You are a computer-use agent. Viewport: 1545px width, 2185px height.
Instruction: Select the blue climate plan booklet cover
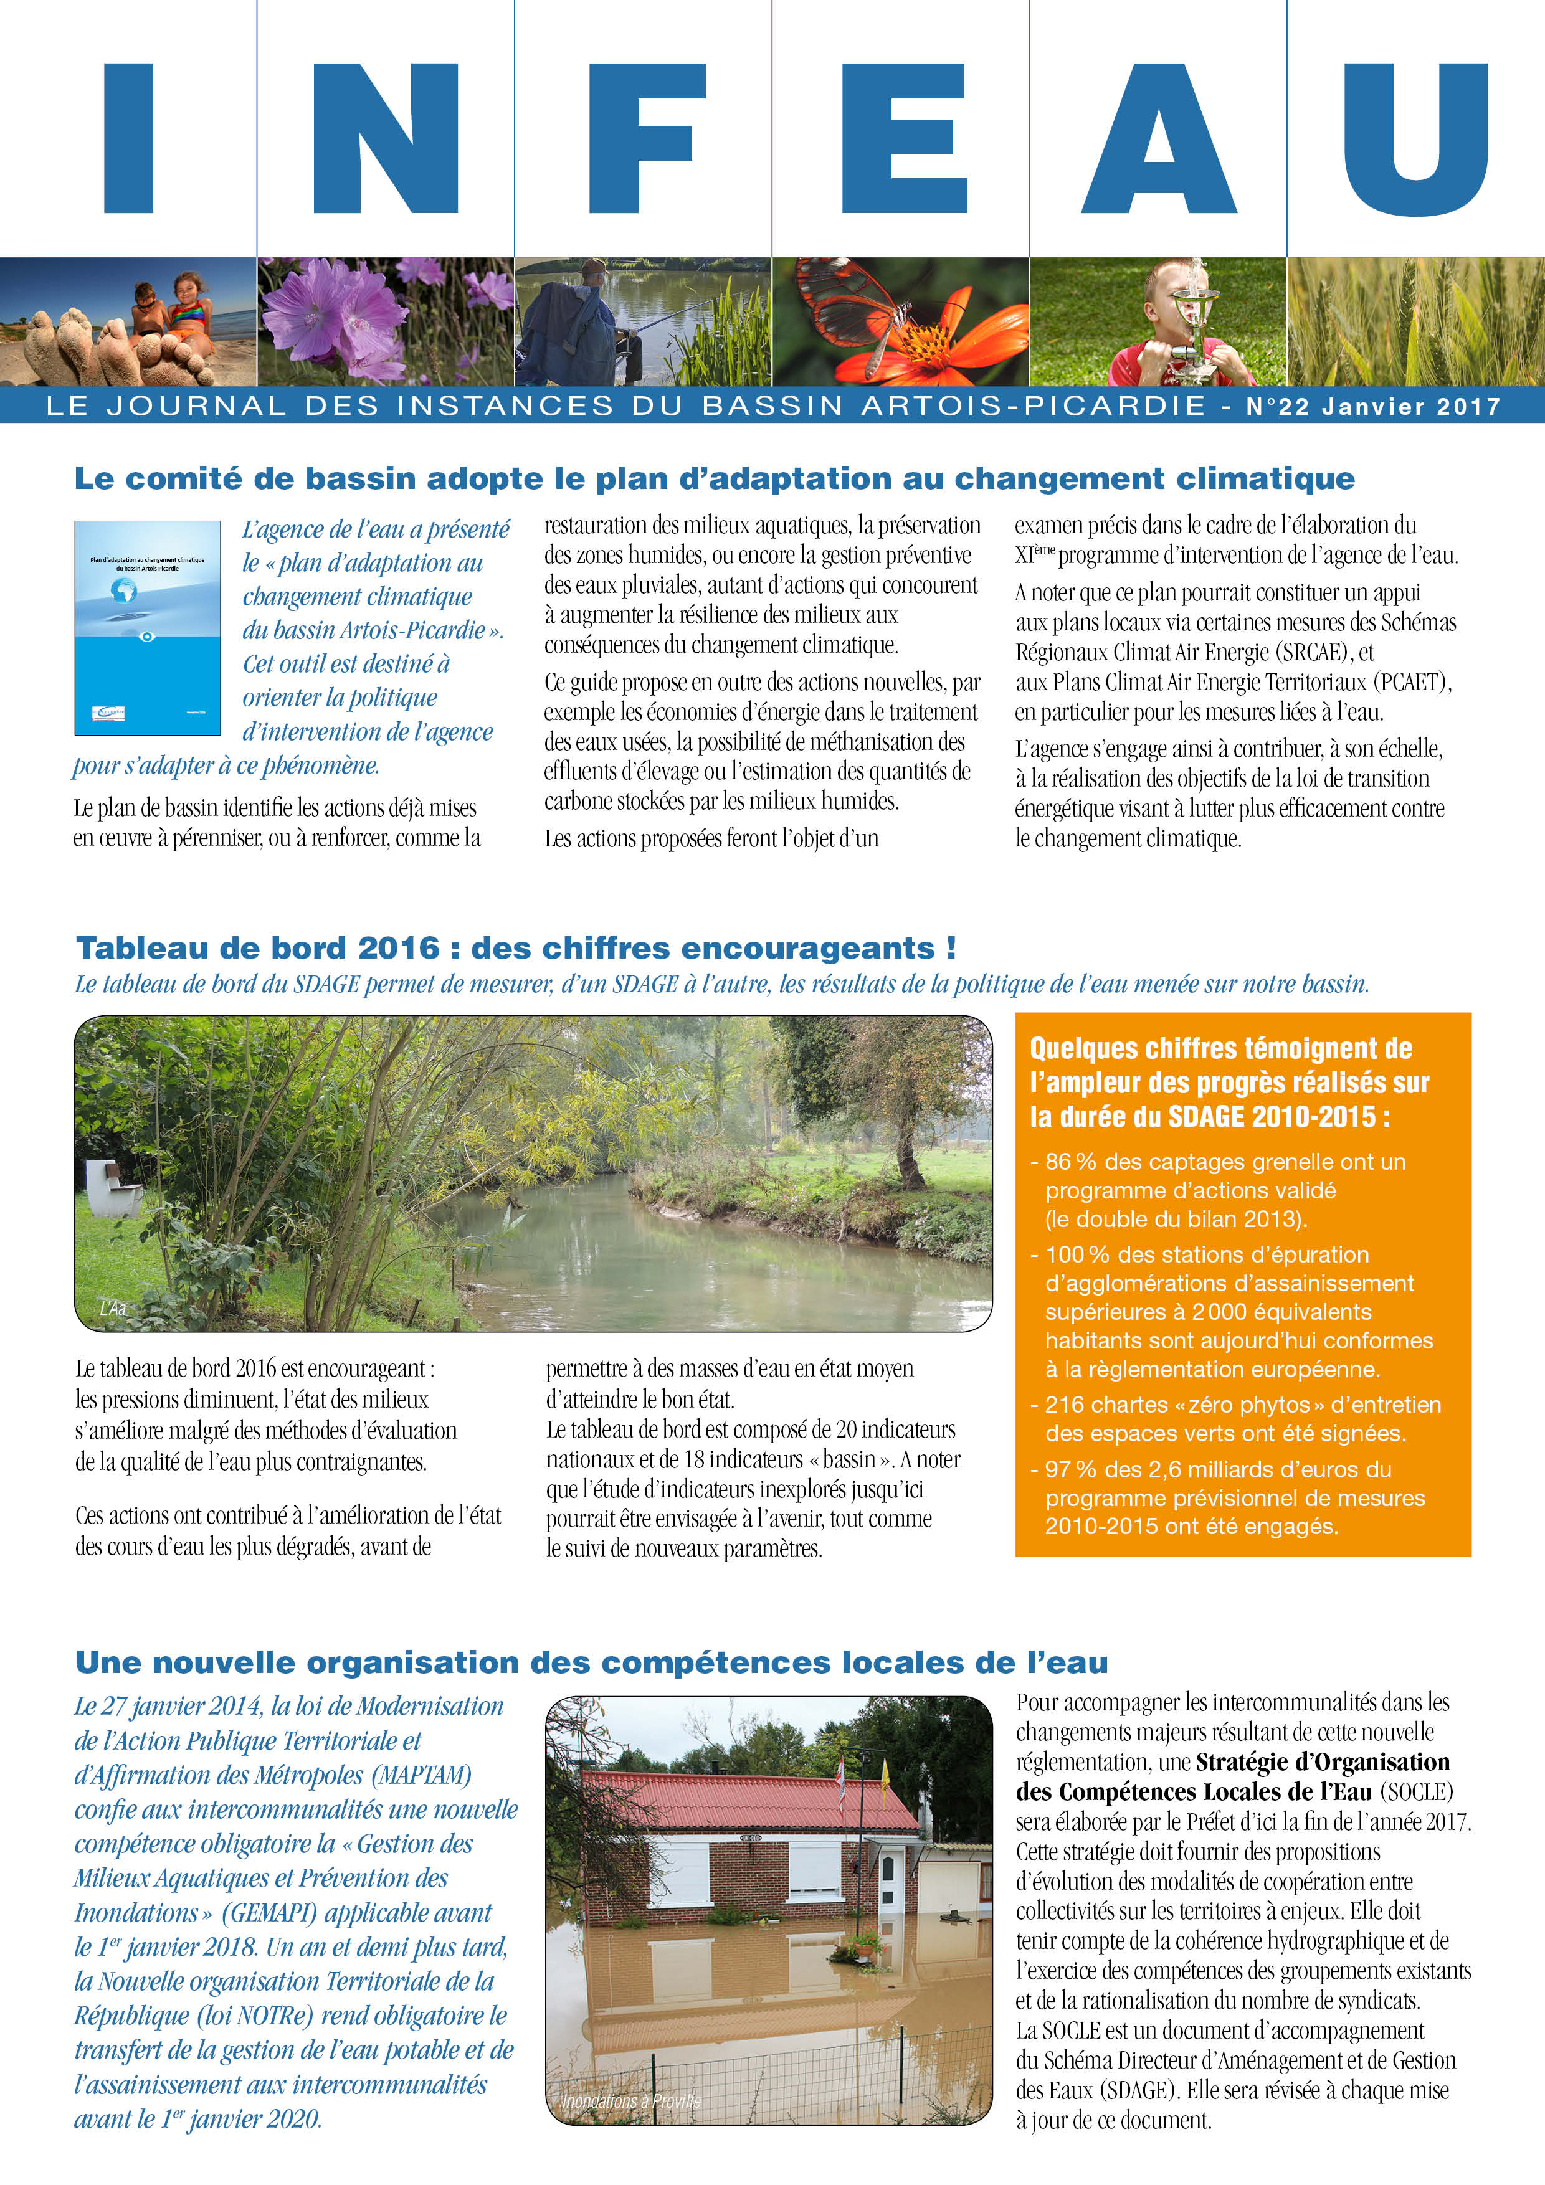click(x=148, y=628)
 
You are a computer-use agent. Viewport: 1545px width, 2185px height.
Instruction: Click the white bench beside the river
click(x=112, y=1186)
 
